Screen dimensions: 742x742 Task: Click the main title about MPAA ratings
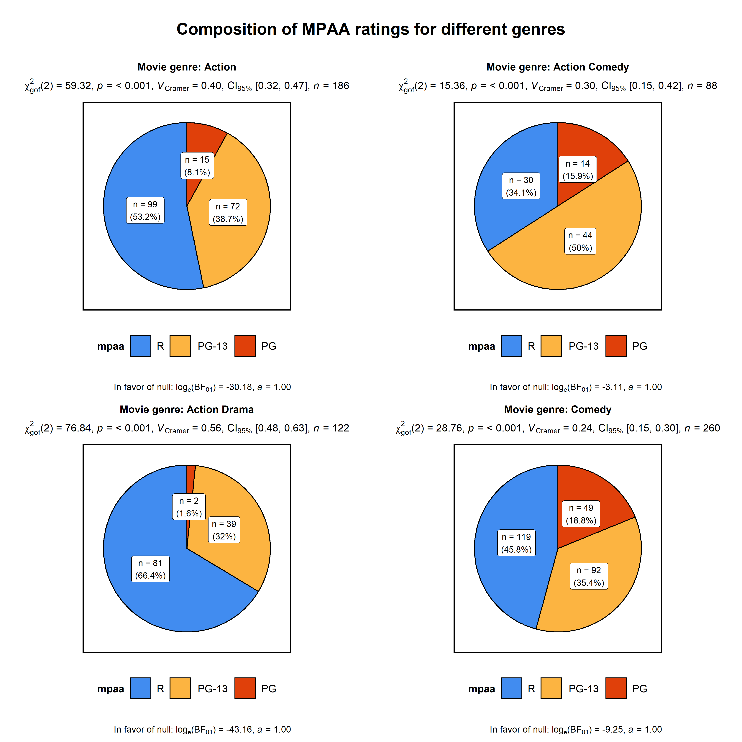pyautogui.click(x=371, y=29)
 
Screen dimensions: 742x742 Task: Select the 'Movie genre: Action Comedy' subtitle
pyautogui.click(x=557, y=67)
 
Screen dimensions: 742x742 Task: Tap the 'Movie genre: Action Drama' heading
pyautogui.click(x=187, y=409)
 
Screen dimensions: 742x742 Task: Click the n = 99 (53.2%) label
pyautogui.click(x=145, y=211)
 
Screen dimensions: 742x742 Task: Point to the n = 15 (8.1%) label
pyautogui.click(x=197, y=166)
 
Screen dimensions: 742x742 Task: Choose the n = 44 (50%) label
pyautogui.click(x=580, y=241)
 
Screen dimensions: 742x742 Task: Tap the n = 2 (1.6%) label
pyautogui.click(x=189, y=507)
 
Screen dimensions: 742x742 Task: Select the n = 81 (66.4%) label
pyautogui.click(x=150, y=569)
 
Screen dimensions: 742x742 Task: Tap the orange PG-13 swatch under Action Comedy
pyautogui.click(x=551, y=346)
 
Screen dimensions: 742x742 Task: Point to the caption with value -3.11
pyautogui.click(x=575, y=387)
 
